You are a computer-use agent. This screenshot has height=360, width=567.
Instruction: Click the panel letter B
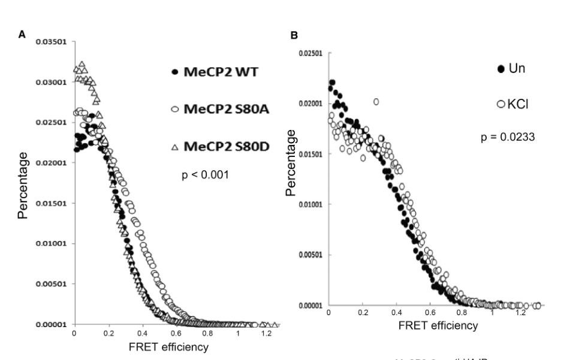coord(294,36)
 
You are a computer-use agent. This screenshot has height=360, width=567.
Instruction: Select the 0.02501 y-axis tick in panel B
coord(310,53)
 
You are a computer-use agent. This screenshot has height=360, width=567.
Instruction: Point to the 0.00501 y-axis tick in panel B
coord(310,255)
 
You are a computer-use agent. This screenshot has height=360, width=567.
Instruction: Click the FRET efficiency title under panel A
coord(159,347)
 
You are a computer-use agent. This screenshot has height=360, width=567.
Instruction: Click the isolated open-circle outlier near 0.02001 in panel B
coord(376,102)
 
